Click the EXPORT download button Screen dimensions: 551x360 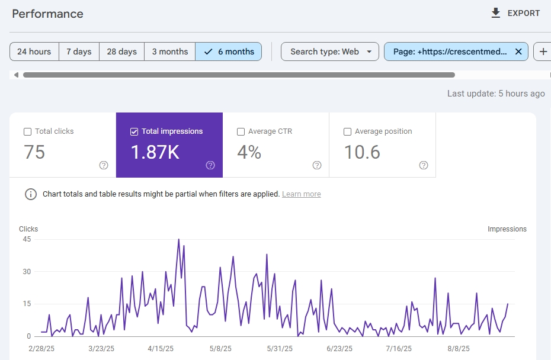(515, 14)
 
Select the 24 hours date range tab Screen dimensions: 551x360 (34, 52)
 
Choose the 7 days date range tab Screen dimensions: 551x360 (79, 52)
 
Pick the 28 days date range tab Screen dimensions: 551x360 (121, 52)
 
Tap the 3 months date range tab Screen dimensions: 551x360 (169, 52)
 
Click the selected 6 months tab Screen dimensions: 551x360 (229, 52)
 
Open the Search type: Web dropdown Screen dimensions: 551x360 (329, 52)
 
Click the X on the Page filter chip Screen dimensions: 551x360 (518, 52)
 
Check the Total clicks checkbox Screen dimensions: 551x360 (27, 131)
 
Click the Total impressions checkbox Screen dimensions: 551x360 (134, 131)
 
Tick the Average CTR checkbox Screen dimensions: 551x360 (241, 131)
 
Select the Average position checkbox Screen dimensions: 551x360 (347, 131)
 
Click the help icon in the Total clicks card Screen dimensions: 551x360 (104, 165)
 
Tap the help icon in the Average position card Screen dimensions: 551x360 (424, 165)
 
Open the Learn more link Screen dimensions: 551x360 (301, 194)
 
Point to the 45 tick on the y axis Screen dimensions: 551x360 (27, 239)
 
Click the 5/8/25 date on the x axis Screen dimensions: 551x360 (220, 348)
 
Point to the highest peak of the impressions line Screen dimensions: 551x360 (178, 239)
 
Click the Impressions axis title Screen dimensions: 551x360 (507, 229)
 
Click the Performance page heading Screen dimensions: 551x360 (48, 14)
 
